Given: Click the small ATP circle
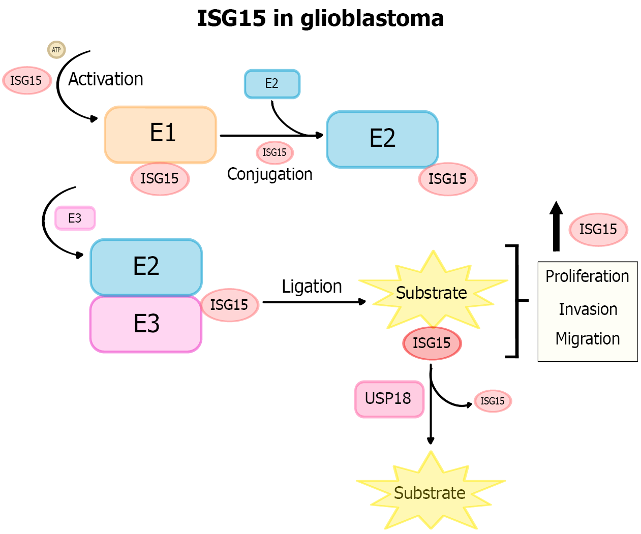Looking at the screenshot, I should coord(56,50).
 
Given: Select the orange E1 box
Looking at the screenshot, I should coord(161,134).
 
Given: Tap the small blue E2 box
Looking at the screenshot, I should coord(272,84).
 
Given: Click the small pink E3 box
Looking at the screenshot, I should coord(75,218).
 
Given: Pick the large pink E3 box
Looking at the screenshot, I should coord(146,324).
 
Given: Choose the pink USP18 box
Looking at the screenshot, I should coord(389,399).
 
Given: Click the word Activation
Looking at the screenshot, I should coord(106,79).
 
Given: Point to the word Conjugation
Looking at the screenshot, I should coord(269,174).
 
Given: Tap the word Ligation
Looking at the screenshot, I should coord(312,287).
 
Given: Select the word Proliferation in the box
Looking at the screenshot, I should coord(587,276).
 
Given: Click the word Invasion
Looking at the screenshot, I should coord(588,309).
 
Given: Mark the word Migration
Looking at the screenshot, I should coord(588,338).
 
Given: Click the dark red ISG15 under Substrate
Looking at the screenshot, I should coord(432,343).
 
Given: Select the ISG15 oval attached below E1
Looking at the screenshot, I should coord(160,179).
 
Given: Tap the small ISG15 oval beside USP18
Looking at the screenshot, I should coord(493,401).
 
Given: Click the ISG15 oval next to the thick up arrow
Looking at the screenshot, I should coord(598,230).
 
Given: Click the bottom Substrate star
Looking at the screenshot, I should coord(430,492).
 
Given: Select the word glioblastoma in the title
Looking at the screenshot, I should coord(372,19).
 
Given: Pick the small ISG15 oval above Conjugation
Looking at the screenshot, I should coord(274,152).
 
